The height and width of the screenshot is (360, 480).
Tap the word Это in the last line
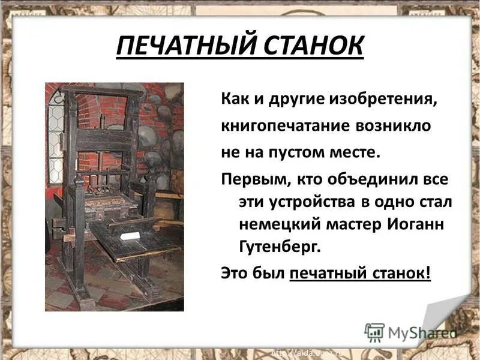[x=234, y=272]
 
